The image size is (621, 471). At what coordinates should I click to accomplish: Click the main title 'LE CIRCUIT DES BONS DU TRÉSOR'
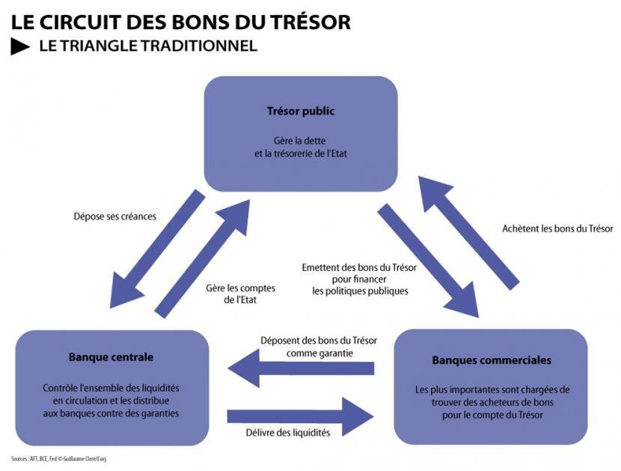180,22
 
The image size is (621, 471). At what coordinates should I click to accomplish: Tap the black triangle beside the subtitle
19,46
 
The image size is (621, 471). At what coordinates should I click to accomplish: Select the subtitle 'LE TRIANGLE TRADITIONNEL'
148,46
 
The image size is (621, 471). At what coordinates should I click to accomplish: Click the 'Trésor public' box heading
301,111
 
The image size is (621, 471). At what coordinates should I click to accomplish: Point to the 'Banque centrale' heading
111,357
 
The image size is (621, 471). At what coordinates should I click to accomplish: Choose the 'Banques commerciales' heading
492,360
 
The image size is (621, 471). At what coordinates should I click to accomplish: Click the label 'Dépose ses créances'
115,216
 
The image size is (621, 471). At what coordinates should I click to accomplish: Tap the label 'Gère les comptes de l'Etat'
240,294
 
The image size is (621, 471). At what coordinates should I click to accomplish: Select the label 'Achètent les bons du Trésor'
557,228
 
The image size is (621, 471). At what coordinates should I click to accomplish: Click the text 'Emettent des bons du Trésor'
359,267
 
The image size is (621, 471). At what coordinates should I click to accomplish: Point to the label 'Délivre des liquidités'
288,433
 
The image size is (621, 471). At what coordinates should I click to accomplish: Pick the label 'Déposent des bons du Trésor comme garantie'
319,347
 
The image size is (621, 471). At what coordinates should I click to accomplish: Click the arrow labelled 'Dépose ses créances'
157,249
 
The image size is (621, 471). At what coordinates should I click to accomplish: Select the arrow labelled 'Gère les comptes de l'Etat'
202,258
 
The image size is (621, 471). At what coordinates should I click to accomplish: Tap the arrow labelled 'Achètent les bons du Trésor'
469,233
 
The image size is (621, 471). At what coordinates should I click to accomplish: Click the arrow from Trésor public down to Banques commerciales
428,261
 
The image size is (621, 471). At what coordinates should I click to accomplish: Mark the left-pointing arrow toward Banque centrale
301,368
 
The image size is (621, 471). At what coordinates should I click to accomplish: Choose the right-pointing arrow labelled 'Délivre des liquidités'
301,416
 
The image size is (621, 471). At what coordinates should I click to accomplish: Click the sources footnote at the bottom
58,459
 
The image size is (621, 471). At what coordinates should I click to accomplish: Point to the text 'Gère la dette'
299,141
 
